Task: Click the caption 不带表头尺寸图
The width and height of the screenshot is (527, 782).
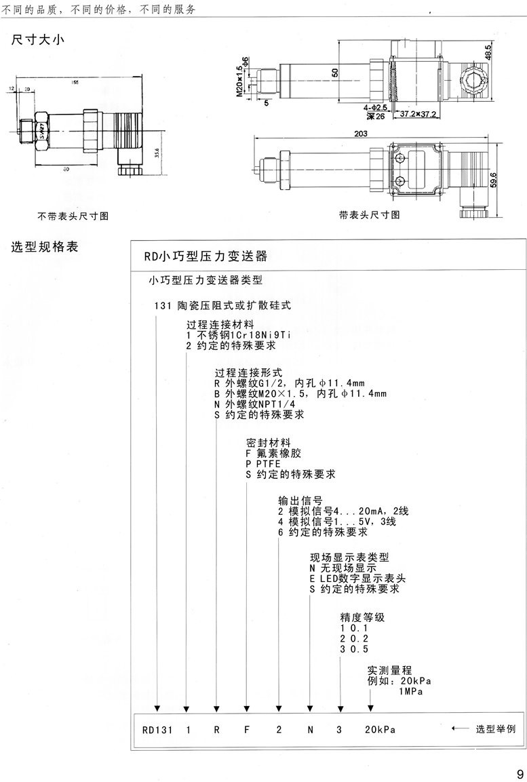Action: [x=73, y=216]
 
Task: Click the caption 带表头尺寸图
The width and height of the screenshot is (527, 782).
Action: [x=370, y=215]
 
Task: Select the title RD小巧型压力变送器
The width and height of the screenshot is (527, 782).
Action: [x=206, y=257]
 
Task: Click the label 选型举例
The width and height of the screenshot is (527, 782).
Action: [x=495, y=730]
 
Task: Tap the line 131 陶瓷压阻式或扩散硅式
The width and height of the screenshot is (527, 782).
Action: [x=222, y=305]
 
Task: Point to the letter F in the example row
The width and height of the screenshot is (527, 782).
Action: [x=248, y=730]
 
